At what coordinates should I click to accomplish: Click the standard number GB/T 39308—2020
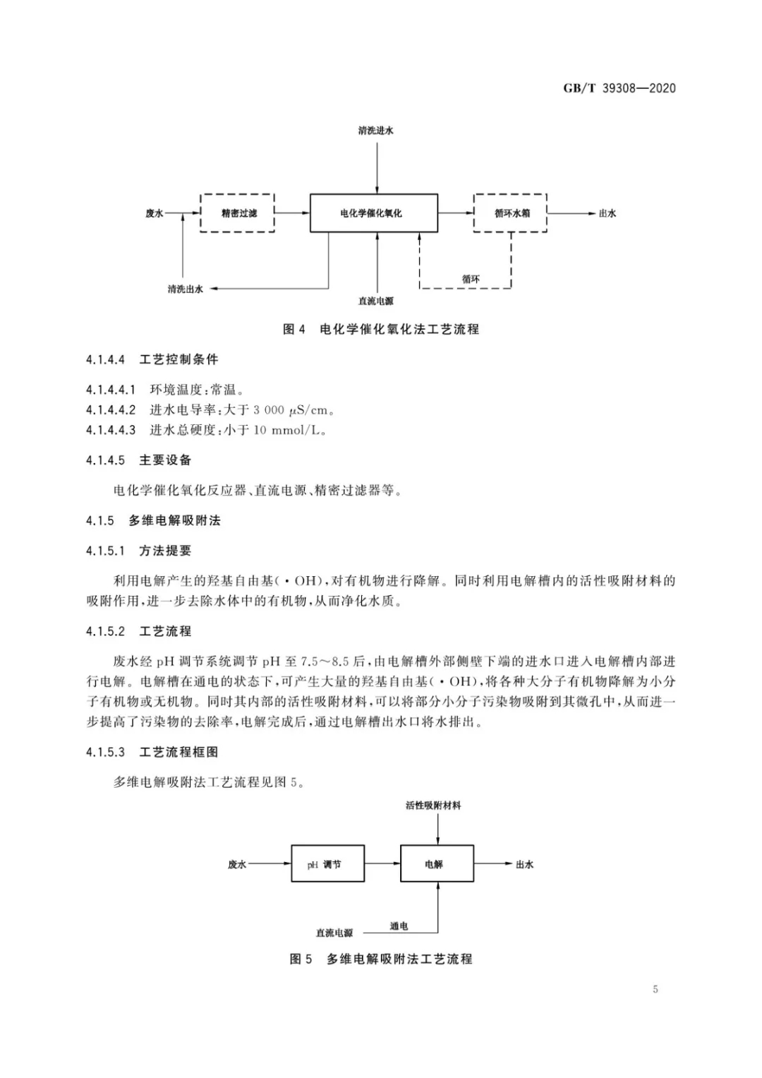point(619,88)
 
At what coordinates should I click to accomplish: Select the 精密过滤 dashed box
point(238,213)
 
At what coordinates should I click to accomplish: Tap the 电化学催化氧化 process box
point(374,213)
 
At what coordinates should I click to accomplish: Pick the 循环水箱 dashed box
point(511,213)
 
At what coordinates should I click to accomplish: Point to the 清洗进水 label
point(375,131)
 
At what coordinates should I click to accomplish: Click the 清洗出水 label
point(185,289)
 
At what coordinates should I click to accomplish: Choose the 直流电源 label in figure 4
point(375,301)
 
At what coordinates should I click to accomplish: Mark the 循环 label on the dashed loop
point(471,280)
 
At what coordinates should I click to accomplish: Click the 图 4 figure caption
point(381,329)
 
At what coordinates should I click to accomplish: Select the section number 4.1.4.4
point(105,359)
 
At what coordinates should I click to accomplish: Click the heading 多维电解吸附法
point(174,520)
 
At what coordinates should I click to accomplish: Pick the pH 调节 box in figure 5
point(328,864)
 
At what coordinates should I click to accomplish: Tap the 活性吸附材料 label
point(433,805)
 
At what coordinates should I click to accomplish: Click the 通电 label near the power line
point(399,926)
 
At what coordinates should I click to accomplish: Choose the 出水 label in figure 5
point(524,864)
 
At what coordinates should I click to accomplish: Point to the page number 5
point(655,989)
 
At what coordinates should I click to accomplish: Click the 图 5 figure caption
point(381,959)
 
